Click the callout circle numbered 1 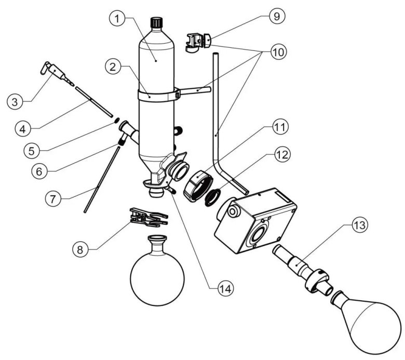(x=119, y=20)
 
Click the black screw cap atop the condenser (x=156, y=23)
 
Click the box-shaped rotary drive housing (x=254, y=221)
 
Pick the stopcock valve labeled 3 (x=52, y=71)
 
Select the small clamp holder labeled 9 (x=197, y=41)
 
